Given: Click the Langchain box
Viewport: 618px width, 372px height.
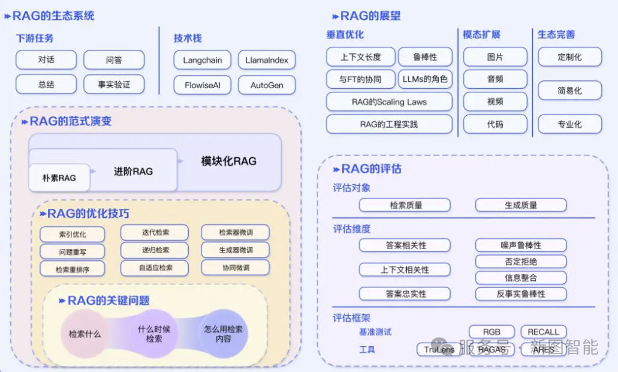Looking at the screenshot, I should [203, 60].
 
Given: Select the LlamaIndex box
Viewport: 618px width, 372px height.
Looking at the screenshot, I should [267, 60].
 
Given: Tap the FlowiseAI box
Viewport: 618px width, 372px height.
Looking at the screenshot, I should [203, 85].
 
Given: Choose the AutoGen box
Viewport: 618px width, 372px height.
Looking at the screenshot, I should [267, 85].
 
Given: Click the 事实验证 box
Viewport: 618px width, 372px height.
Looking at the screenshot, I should [114, 85].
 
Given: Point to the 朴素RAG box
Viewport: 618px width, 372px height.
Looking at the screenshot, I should [59, 178].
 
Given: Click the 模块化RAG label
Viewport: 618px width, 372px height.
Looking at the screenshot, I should [228, 161].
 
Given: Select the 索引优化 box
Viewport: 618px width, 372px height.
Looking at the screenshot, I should [72, 234].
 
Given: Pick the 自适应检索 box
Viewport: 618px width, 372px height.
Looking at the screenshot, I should [155, 268].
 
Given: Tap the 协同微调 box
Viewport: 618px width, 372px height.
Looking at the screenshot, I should [235, 268].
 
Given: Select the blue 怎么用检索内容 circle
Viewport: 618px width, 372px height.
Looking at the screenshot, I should [222, 334].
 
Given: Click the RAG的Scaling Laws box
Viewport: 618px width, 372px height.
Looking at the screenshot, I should [389, 102].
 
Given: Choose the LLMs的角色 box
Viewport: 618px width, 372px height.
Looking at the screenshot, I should [425, 79].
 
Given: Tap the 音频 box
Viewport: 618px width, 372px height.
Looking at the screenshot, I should [495, 79].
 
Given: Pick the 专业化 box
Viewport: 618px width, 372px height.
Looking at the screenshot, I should [569, 124].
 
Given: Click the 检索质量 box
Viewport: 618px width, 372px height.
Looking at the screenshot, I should [405, 205].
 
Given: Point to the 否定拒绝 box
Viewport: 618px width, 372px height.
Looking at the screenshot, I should [521, 262].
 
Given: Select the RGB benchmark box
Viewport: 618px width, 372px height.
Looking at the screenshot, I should [492, 332].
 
